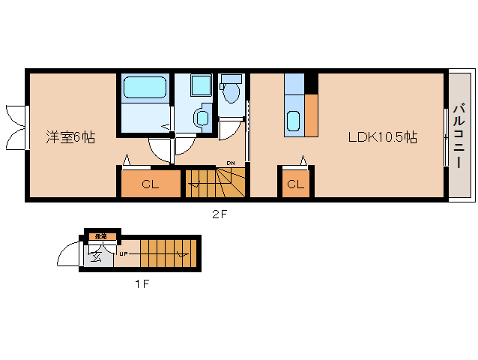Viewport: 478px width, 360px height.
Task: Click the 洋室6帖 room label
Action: pos(70,137)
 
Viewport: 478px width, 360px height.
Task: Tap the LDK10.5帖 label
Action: pos(381,137)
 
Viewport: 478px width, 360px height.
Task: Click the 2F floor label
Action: pos(219,214)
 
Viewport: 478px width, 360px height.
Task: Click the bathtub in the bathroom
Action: pos(144,88)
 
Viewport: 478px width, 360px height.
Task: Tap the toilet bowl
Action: pos(232,93)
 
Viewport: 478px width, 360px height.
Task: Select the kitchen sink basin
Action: pos(294,120)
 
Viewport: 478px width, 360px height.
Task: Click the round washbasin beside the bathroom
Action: pos(201,118)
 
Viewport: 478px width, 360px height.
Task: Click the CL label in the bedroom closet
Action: pos(150,184)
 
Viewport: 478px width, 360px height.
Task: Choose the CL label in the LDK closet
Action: pos(295,184)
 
